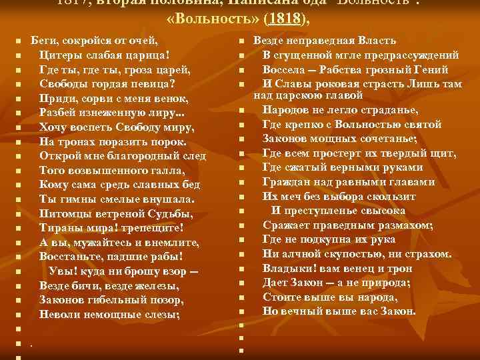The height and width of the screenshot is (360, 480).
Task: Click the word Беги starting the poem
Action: [x=43, y=41]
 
